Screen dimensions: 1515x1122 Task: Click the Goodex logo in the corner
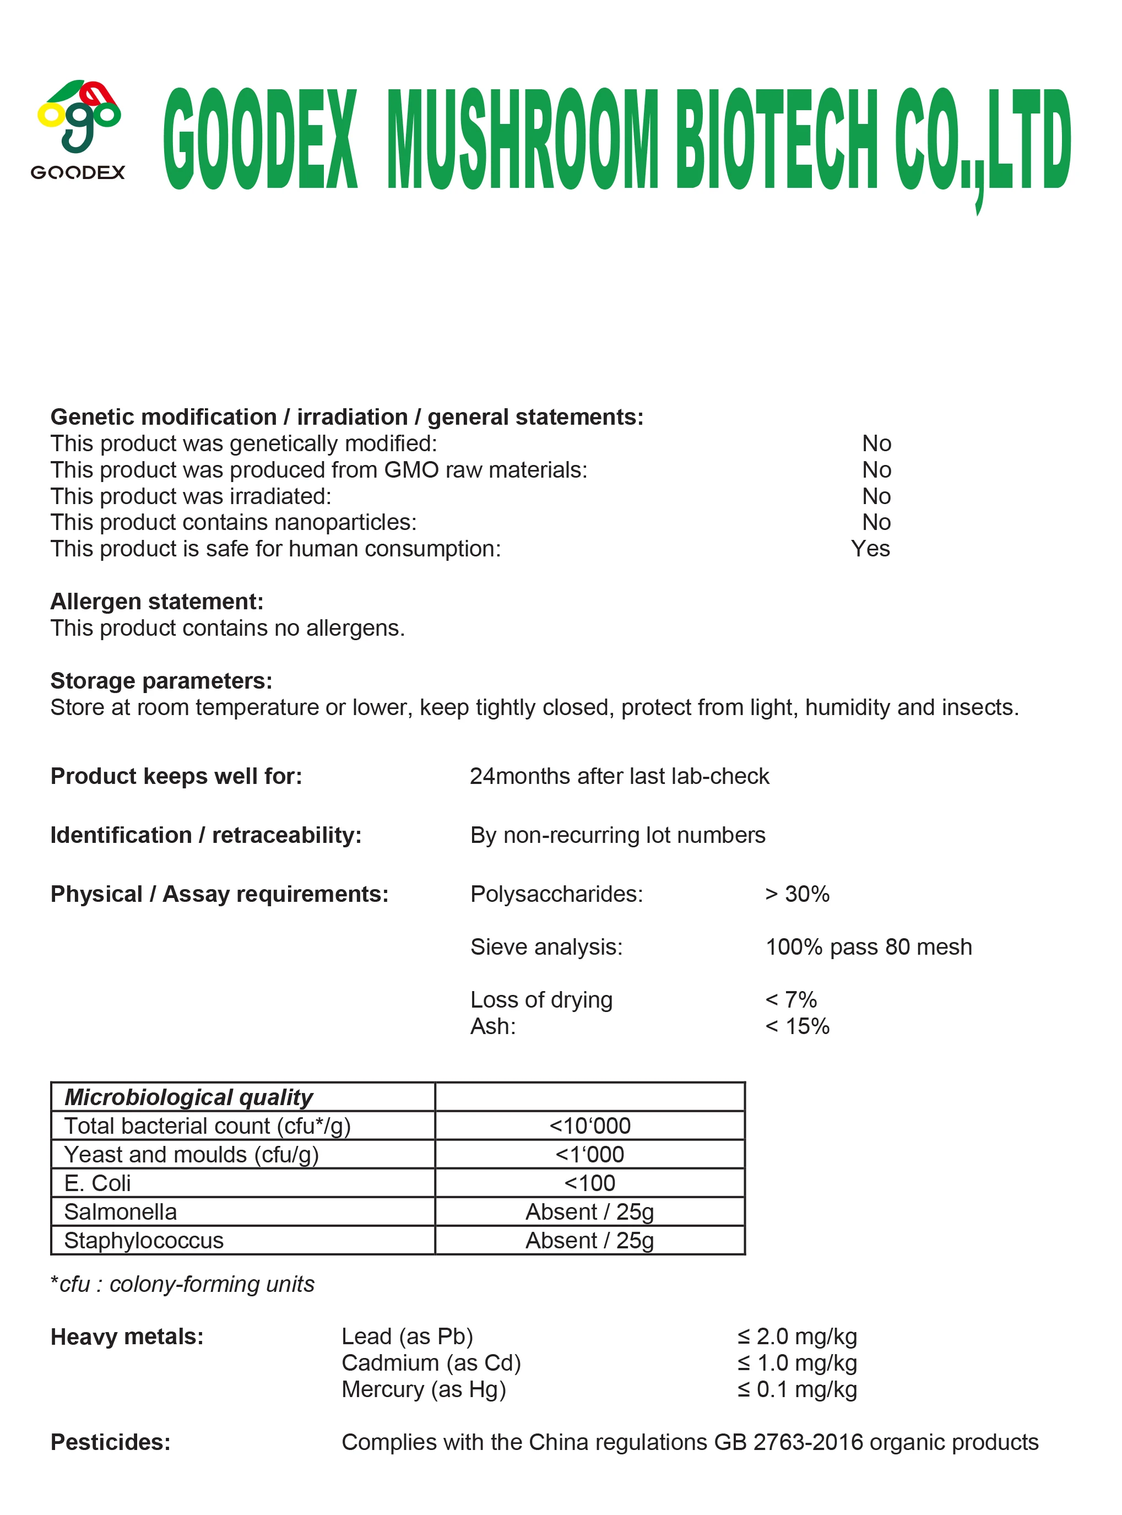pos(78,129)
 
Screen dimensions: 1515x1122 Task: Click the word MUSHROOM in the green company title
pos(522,139)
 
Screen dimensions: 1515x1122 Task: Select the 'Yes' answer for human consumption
pos(870,548)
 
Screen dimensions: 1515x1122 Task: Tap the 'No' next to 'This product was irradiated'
pos(876,496)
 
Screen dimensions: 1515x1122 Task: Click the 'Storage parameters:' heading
pos(161,681)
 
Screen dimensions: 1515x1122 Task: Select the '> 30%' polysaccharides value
pos(798,894)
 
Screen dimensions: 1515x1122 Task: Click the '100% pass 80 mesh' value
pos(869,947)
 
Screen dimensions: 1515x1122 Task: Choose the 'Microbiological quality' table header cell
pos(189,1097)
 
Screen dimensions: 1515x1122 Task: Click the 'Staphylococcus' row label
pos(144,1241)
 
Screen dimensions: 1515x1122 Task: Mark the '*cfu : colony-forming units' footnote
pos(182,1284)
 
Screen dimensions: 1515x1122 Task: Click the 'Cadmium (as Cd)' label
pos(431,1363)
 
